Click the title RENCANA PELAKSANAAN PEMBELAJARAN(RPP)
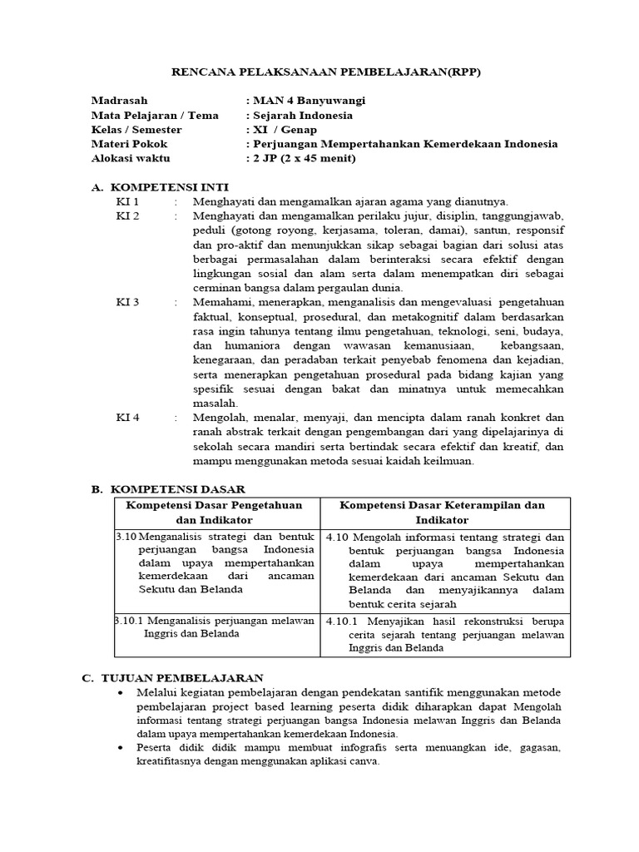click(326, 72)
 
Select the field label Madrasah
click(119, 101)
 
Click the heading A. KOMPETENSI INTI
click(160, 187)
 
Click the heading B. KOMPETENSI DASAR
click(168, 489)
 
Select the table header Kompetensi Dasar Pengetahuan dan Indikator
click(214, 513)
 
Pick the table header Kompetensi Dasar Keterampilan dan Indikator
click(443, 513)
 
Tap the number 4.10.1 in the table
click(341, 621)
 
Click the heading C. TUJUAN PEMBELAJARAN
click(172, 678)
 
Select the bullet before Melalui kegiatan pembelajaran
click(122, 693)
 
